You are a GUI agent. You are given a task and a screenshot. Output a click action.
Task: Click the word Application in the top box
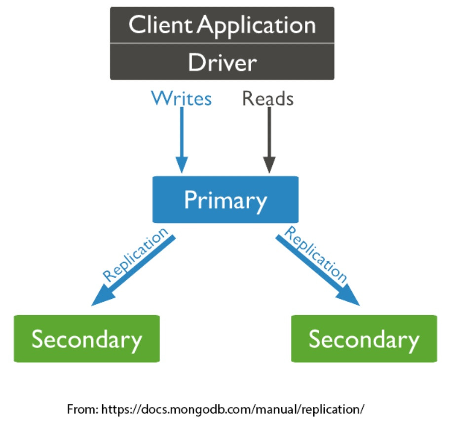[257, 25]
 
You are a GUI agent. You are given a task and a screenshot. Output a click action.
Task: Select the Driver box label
[222, 63]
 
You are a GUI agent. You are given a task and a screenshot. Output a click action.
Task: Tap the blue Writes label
[182, 98]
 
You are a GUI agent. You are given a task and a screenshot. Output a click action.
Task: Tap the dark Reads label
[268, 99]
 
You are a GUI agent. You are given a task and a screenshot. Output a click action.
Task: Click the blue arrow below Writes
[182, 133]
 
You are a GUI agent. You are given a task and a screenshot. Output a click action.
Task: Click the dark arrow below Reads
[269, 133]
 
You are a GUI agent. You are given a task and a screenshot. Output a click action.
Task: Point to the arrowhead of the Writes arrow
[182, 165]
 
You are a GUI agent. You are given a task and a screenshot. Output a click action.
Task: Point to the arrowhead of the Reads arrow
[269, 165]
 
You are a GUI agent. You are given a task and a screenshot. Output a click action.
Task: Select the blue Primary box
[225, 200]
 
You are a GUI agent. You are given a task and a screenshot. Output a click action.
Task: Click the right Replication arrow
[316, 269]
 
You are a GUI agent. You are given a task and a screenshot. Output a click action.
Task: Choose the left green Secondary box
[87, 339]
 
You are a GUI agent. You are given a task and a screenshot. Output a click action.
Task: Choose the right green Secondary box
[364, 339]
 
